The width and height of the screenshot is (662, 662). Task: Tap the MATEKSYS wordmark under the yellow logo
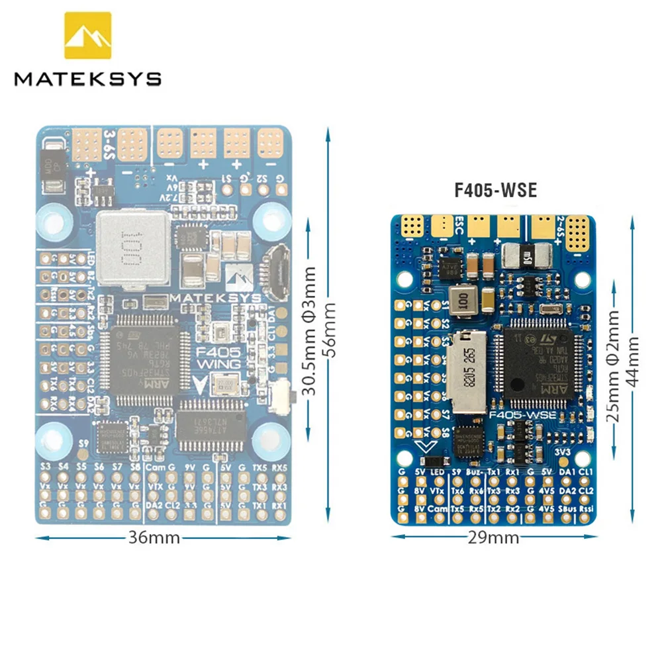(88, 79)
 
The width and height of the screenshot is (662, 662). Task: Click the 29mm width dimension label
(495, 538)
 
